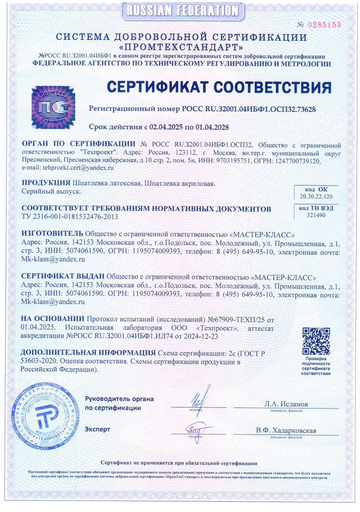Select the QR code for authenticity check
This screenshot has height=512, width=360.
pos(316,341)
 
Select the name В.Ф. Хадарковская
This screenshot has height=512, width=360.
pos(286,431)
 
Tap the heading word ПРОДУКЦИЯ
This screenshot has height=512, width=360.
pos(46,183)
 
